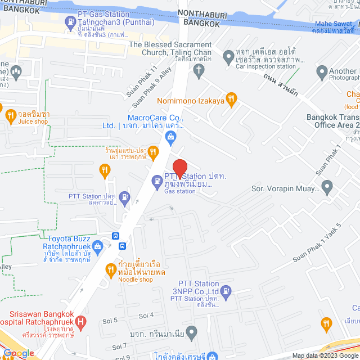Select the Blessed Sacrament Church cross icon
[x=198, y=70]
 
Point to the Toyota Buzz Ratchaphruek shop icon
[x=98, y=245]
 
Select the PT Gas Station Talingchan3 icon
[x=71, y=23]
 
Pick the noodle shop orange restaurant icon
[x=110, y=270]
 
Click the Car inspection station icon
[x=228, y=56]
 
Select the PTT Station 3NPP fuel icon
[x=226, y=291]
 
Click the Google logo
[x=18, y=353]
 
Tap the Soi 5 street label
[x=110, y=320]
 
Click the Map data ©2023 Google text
[x=324, y=355]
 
